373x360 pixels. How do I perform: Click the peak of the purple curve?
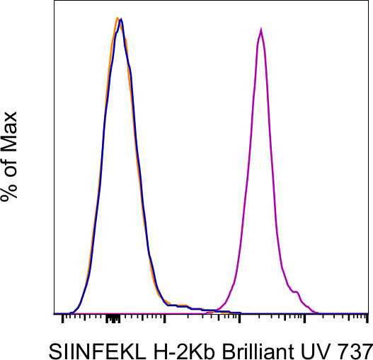click(261, 30)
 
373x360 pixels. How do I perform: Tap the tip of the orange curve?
click(117, 18)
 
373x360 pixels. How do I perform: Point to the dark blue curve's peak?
click(122, 20)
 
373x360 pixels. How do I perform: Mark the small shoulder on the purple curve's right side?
click(298, 291)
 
